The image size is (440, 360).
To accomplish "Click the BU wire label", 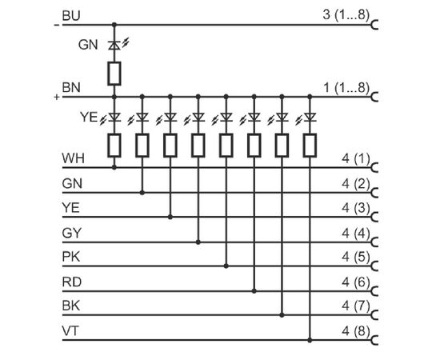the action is pos(71,16).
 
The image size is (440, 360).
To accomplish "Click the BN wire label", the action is pos(71,87).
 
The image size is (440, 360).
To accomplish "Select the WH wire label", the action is pos(73,158).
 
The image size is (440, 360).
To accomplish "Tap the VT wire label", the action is pos(70,331).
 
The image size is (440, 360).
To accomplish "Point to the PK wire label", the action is pos(70,257).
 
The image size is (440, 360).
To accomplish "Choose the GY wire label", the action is pos(71,233).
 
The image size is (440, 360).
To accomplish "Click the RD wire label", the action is pos(71,282).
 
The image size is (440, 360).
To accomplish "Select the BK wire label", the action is pos(70,306).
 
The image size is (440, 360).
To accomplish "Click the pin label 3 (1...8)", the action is pos(346,15).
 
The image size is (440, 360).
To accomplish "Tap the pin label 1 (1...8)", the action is pos(346,87).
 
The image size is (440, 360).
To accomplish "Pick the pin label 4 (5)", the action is pos(355,257).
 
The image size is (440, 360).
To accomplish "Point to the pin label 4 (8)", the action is pos(355,331).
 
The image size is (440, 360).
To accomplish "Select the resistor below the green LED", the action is pos(114,74).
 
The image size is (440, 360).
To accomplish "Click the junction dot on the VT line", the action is pos(310,340).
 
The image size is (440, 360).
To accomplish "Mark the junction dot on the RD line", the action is pos(254,291).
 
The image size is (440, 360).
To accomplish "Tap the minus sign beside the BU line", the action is pos(57,25).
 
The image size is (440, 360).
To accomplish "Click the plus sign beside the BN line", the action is pos(57,97).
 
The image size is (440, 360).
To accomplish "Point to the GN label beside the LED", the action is pos(88,45).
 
